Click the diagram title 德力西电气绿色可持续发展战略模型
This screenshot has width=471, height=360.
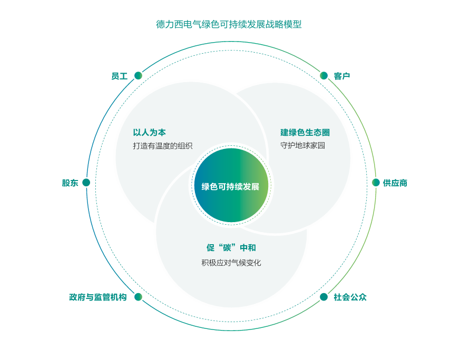229,24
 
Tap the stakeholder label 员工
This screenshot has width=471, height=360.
119,76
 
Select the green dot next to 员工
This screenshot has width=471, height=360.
138,76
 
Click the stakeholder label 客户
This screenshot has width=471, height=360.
342,76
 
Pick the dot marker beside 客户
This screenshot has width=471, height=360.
323,76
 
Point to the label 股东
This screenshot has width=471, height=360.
70,183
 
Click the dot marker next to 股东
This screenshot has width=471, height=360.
86,183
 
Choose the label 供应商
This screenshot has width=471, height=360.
395,183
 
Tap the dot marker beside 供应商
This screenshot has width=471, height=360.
376,183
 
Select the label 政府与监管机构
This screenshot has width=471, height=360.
98,297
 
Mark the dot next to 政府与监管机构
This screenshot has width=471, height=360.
138,297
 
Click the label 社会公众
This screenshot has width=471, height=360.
350,297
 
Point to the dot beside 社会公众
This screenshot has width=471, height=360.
323,297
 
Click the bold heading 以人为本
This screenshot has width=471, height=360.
149,133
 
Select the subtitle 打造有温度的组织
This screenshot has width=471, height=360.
163,146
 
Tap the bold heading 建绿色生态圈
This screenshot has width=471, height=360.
305,133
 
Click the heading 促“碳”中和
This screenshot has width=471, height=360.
231,247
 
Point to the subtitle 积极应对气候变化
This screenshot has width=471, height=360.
231,262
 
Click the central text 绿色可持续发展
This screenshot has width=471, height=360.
230,186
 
